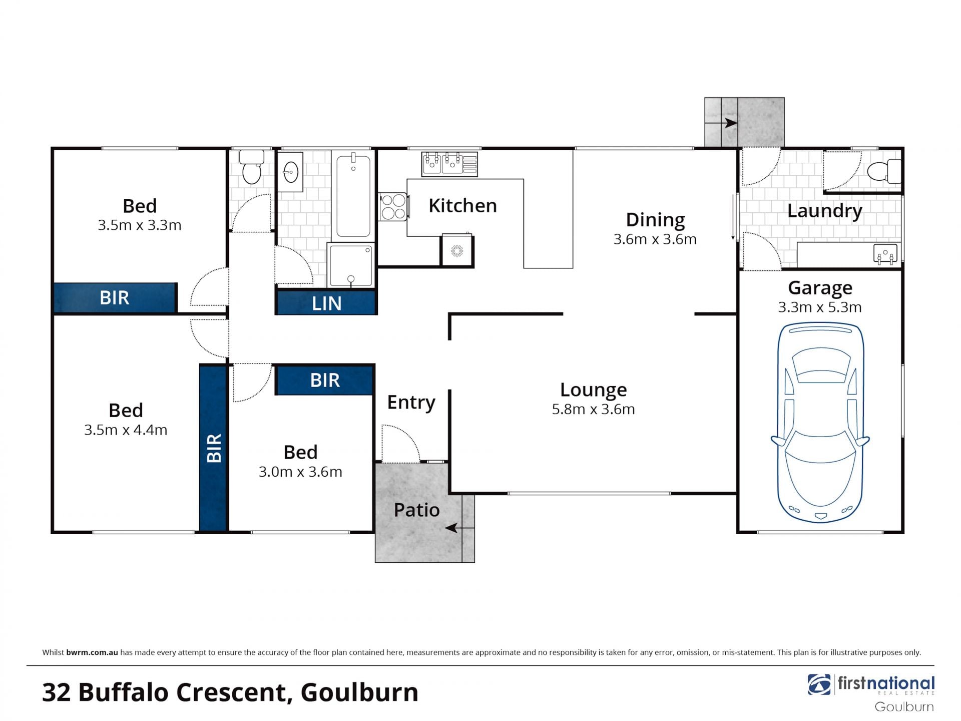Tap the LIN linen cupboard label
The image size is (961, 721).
click(x=326, y=303)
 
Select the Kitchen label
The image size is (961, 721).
click(x=462, y=206)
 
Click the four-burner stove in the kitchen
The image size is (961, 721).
click(x=394, y=207)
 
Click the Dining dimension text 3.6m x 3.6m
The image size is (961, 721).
click(x=655, y=239)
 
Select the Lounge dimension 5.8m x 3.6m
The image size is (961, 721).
click(x=593, y=409)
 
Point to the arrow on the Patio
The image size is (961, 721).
click(x=459, y=528)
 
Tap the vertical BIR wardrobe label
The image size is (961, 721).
click(x=214, y=448)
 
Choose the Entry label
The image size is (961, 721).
click(x=411, y=403)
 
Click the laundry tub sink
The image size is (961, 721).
click(x=885, y=254)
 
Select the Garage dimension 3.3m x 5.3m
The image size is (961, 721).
click(x=819, y=307)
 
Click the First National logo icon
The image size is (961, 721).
click(x=819, y=684)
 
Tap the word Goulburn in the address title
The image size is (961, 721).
click(x=359, y=692)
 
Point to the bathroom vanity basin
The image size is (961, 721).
click(x=290, y=172)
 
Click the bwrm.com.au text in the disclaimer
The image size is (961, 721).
click(x=92, y=652)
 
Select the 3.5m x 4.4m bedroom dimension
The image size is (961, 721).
click(x=126, y=430)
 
